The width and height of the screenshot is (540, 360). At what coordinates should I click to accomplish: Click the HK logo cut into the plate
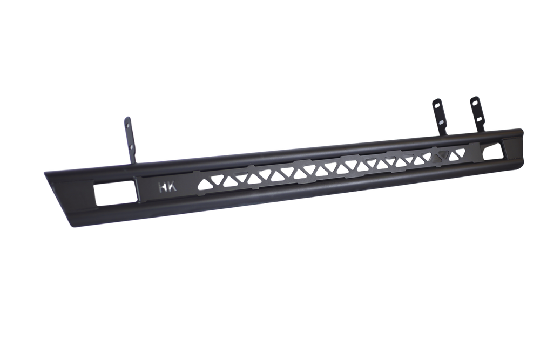pos(167,188)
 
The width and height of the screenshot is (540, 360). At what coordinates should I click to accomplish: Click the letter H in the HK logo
pos(163,188)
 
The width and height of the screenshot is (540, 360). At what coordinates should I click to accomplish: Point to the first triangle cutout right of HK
pos(204,185)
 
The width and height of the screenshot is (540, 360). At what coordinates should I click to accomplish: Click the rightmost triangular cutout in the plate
pos(460,152)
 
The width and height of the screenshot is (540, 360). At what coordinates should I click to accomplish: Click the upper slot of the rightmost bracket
pos(475,103)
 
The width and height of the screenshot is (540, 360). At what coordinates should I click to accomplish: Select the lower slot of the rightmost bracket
pos(479,119)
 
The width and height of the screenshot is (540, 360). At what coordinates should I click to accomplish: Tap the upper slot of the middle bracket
pos(437,104)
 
